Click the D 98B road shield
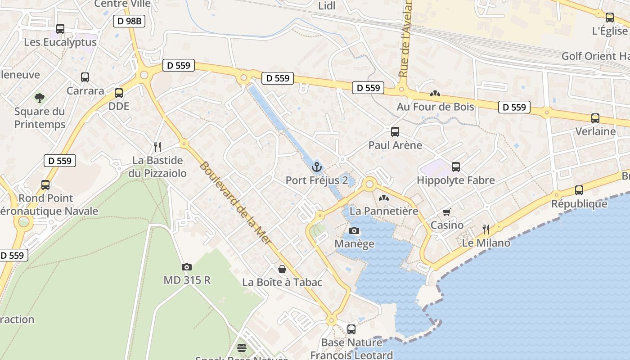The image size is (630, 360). point(129,21)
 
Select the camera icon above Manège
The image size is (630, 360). point(354,231)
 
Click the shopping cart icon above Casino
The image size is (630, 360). point(447,212)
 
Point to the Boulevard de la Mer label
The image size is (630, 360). point(235,203)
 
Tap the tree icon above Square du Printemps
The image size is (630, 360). point(40,98)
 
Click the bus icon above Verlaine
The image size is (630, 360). point(595,118)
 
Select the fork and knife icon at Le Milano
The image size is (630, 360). point(486,229)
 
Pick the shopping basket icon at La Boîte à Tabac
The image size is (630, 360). point(282,269)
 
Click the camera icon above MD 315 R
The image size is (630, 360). point(187,267)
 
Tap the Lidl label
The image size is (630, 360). point(327,6)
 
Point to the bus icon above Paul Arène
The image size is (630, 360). point(395,132)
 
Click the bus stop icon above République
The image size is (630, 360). point(579,190)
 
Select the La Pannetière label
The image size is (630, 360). point(384,211)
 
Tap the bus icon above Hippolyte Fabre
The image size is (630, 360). point(456,167)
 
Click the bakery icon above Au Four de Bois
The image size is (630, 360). point(435,94)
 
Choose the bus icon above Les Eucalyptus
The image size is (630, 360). point(60,29)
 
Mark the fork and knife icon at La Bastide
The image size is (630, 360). point(157,147)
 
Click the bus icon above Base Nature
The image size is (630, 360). point(351,329)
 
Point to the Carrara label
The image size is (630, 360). point(85,90)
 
